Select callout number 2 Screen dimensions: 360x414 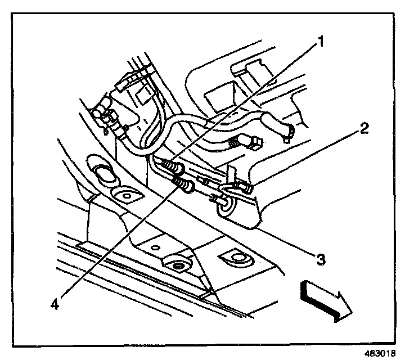[x=364, y=129]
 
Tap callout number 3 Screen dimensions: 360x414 [x=321, y=259]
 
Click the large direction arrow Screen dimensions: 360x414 [x=326, y=299]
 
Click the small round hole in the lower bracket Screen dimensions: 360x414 [x=155, y=247]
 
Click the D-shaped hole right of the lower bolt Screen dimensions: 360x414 [x=236, y=258]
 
